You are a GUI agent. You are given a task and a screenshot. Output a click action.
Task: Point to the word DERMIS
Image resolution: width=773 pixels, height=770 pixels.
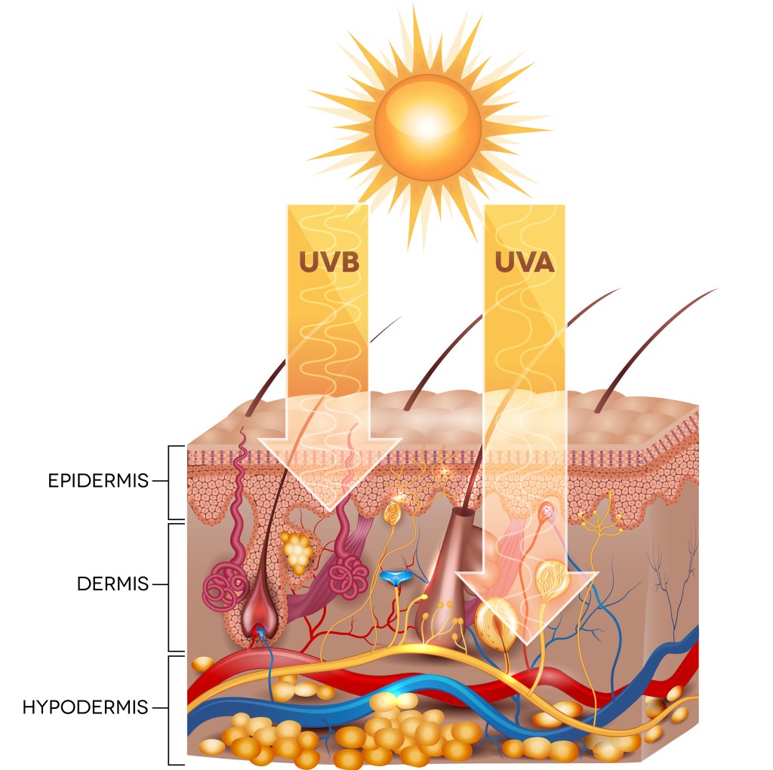(112, 584)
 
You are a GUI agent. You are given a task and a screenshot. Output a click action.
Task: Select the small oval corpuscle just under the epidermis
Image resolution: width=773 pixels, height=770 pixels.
(392, 514)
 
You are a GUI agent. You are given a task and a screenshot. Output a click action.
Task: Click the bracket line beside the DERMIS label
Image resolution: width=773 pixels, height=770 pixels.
(167, 585)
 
